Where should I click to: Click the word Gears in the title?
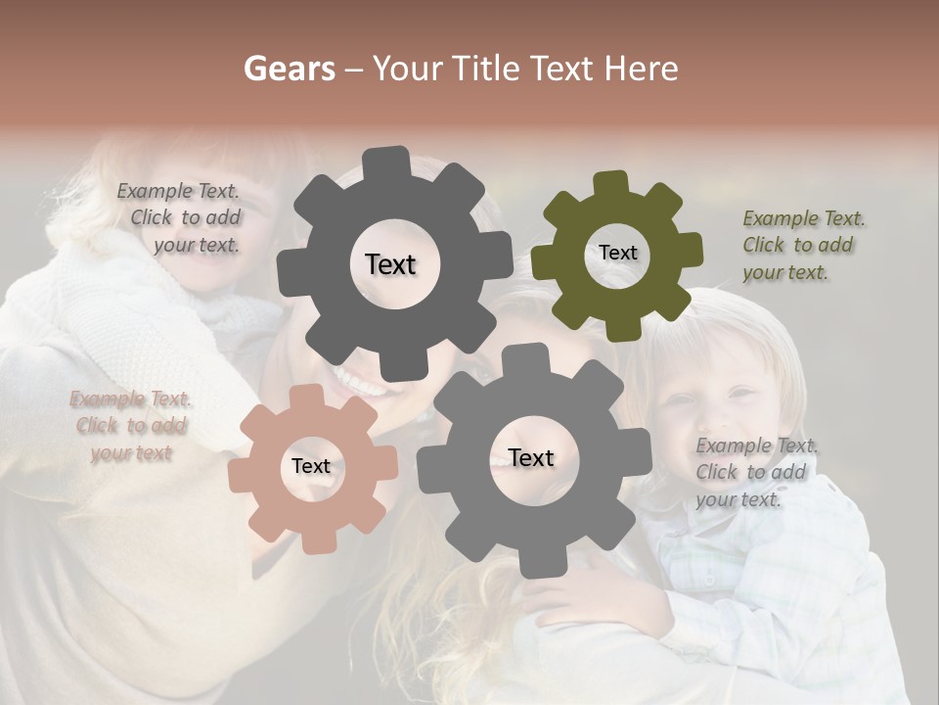[x=289, y=69]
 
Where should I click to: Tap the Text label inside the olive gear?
[x=617, y=253]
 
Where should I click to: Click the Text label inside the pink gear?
[x=311, y=466]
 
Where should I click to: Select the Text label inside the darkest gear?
[x=390, y=264]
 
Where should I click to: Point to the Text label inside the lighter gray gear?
[x=531, y=457]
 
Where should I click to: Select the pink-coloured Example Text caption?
[x=131, y=426]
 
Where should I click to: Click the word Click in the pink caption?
[x=97, y=425]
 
